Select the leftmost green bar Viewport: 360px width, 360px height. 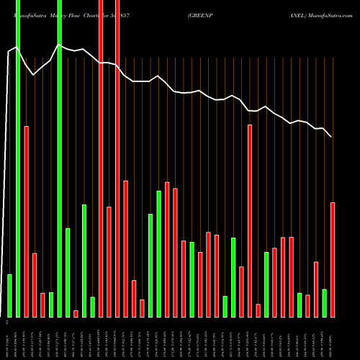(x=9, y=295)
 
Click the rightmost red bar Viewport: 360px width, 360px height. (x=333, y=259)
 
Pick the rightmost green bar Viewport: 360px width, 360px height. (x=325, y=302)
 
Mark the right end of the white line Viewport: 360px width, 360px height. (x=331, y=137)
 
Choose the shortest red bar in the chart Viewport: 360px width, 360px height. (x=76, y=313)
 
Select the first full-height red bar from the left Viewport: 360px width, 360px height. (x=101, y=158)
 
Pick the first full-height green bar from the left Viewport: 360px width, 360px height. (x=17, y=158)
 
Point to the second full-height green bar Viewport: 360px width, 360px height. (x=59, y=158)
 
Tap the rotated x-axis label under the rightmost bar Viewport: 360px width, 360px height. (x=333, y=338)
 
